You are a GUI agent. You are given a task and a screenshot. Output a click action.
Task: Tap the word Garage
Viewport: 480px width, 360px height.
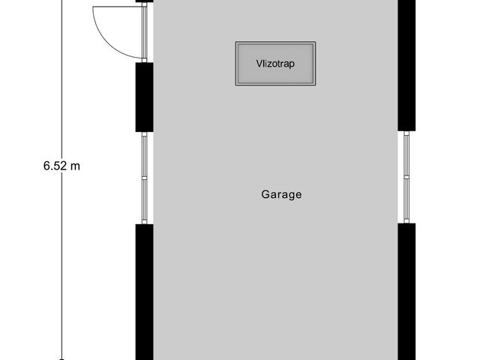pyautogui.click(x=281, y=194)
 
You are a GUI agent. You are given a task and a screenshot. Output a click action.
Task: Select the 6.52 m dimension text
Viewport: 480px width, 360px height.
pyautogui.click(x=61, y=166)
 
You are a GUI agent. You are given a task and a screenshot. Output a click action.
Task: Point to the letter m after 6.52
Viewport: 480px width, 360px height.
pyautogui.click(x=74, y=166)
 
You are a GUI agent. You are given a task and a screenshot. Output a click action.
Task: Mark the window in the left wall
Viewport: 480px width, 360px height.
pyautogui.click(x=144, y=178)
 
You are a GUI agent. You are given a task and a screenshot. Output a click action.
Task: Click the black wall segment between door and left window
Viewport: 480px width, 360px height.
pyautogui.click(x=144, y=97)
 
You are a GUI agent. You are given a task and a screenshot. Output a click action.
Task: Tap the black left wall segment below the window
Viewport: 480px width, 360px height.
pyautogui.click(x=144, y=292)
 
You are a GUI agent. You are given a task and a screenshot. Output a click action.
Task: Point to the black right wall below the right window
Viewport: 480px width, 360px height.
pyautogui.click(x=406, y=292)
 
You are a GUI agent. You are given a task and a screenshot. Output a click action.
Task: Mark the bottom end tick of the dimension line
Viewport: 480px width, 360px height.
pyautogui.click(x=61, y=358)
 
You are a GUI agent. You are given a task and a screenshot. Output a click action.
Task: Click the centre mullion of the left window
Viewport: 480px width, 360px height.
pyautogui.click(x=144, y=178)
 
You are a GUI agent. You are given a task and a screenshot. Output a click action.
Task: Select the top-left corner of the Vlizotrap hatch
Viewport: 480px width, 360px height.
pyautogui.click(x=237, y=43)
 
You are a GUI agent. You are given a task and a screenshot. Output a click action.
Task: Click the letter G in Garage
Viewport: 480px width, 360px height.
pyautogui.click(x=265, y=194)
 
